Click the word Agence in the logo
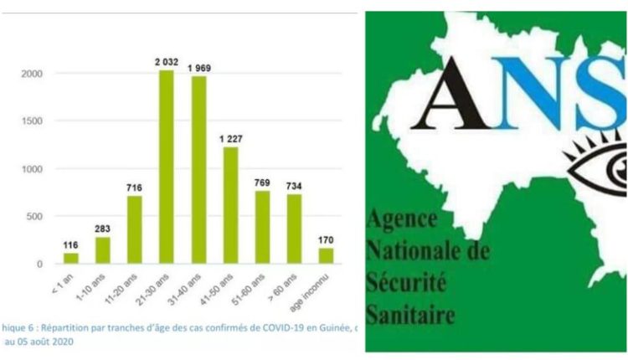click(402, 223)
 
